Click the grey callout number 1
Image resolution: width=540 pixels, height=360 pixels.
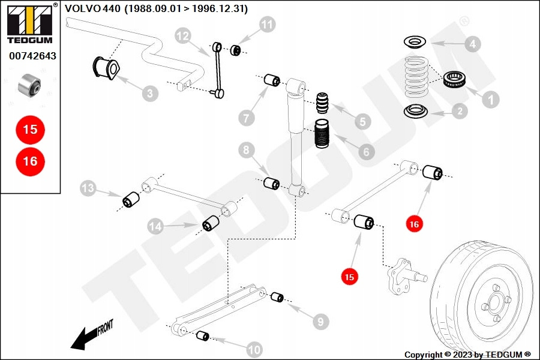coord(491,100)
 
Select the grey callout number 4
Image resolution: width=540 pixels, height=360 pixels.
coord(473,44)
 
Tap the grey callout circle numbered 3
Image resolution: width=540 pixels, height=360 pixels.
coord(150,93)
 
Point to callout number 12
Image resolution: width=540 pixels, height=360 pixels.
coord(183,37)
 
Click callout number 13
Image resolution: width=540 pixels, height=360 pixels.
coord(88,189)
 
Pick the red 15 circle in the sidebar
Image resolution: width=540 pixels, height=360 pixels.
coord(30,129)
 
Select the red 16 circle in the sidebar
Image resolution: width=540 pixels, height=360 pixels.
coord(30,161)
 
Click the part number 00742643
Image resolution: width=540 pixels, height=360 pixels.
coord(32,56)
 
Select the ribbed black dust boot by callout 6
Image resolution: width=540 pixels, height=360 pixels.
coord(323,136)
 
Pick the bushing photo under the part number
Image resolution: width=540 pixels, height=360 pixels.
coord(29,85)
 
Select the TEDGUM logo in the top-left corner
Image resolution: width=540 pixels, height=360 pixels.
coord(29,23)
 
